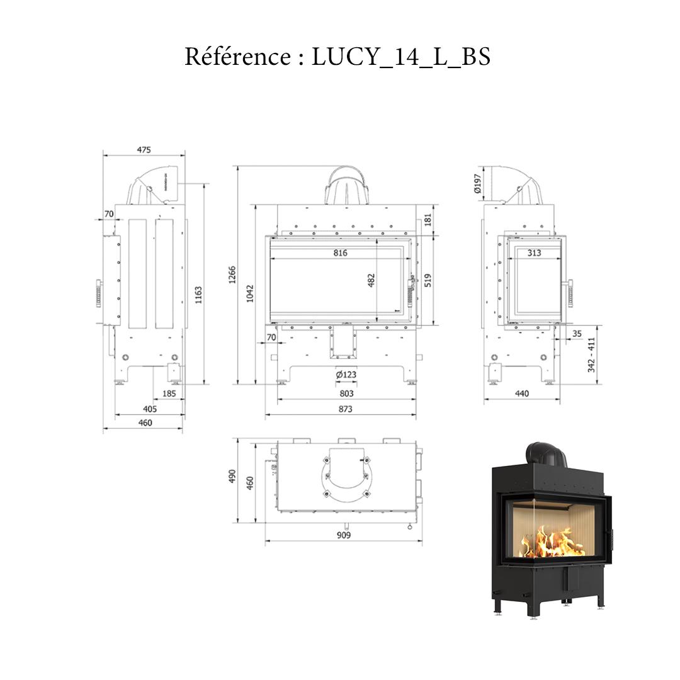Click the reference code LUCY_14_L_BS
click(401, 57)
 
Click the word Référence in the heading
click(236, 57)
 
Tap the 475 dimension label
click(144, 150)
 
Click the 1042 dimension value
click(251, 293)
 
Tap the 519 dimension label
click(428, 279)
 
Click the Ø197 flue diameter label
click(477, 183)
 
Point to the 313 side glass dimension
click(534, 253)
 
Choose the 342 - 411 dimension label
click(592, 354)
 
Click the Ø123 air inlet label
click(346, 375)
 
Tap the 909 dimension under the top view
click(344, 536)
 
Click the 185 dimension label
click(169, 394)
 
